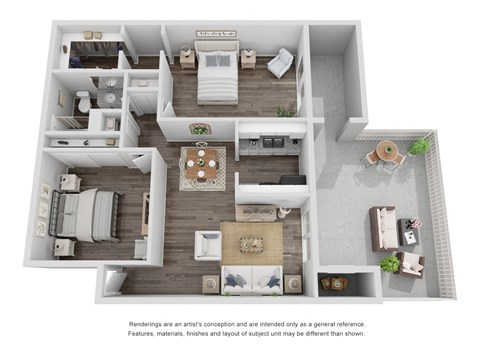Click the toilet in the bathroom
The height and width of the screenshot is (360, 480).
[x=84, y=100]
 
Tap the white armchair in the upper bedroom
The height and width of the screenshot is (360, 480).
[x=281, y=63]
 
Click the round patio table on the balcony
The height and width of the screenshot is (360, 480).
[x=386, y=156]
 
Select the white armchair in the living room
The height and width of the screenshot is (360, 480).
[x=209, y=243]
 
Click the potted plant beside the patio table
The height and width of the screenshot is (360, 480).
[x=420, y=147]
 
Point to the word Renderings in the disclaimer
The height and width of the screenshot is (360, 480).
[x=151, y=325]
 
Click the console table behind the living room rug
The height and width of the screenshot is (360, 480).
[x=257, y=213]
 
